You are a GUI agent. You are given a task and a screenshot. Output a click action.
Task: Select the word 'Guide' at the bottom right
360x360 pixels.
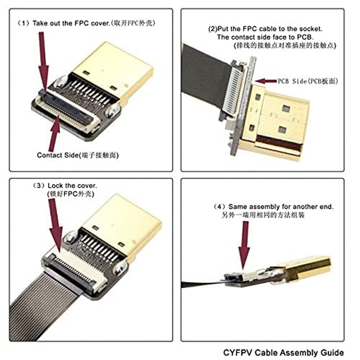click(333, 352)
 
